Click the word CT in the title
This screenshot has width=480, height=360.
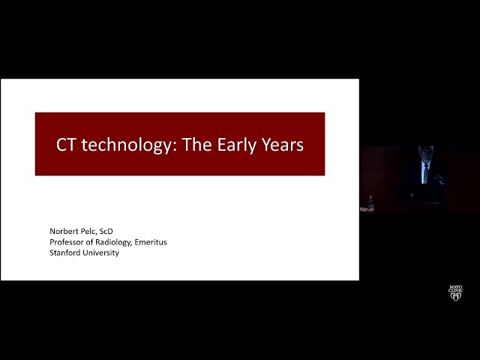pos(65,145)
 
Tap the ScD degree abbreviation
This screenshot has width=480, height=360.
pos(106,231)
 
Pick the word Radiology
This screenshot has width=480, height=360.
pos(113,242)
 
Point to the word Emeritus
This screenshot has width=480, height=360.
pos(151,242)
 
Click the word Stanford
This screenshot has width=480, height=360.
pos(63,253)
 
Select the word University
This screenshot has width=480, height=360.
pos(99,253)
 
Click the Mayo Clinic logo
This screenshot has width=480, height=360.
pos(455,293)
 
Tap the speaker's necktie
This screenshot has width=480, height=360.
pos(425,173)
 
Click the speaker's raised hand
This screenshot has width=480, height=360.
pos(439,178)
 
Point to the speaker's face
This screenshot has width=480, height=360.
pos(426,153)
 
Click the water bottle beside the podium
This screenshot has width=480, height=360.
pos(370,203)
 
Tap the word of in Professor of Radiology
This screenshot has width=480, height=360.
pos(89,242)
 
